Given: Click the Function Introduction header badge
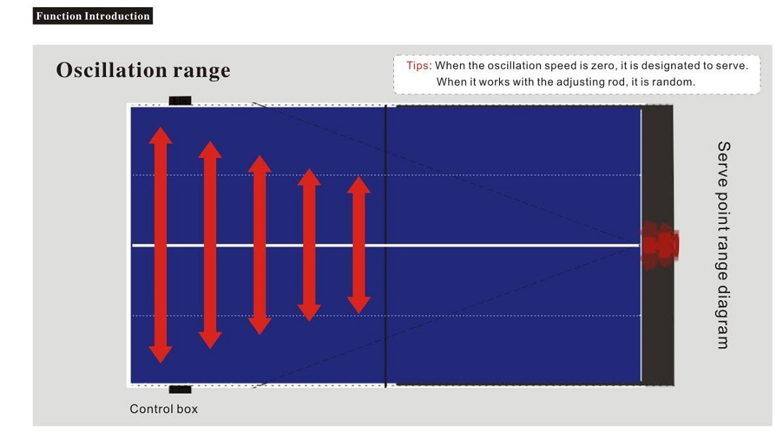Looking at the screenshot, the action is click(x=93, y=16).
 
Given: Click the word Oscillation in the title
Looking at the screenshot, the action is click(x=111, y=70).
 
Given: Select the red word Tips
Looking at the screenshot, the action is click(x=417, y=65).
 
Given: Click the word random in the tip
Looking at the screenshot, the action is click(x=676, y=82).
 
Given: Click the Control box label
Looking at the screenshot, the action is click(x=164, y=409).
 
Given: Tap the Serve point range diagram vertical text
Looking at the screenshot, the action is click(x=723, y=245).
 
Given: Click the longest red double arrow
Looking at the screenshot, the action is click(x=160, y=244).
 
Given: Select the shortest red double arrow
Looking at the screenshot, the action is click(x=358, y=245).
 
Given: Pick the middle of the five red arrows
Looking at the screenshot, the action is click(x=260, y=244).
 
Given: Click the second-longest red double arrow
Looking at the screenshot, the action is click(x=210, y=244).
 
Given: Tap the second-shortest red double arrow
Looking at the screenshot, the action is click(x=309, y=244).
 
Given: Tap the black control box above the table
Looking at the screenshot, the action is click(x=180, y=101).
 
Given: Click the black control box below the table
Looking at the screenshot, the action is click(x=180, y=389).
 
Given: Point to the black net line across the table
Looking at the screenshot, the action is click(x=386, y=246).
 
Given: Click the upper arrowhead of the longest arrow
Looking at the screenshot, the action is click(x=160, y=136).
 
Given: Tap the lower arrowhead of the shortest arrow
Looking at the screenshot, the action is click(x=358, y=305).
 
